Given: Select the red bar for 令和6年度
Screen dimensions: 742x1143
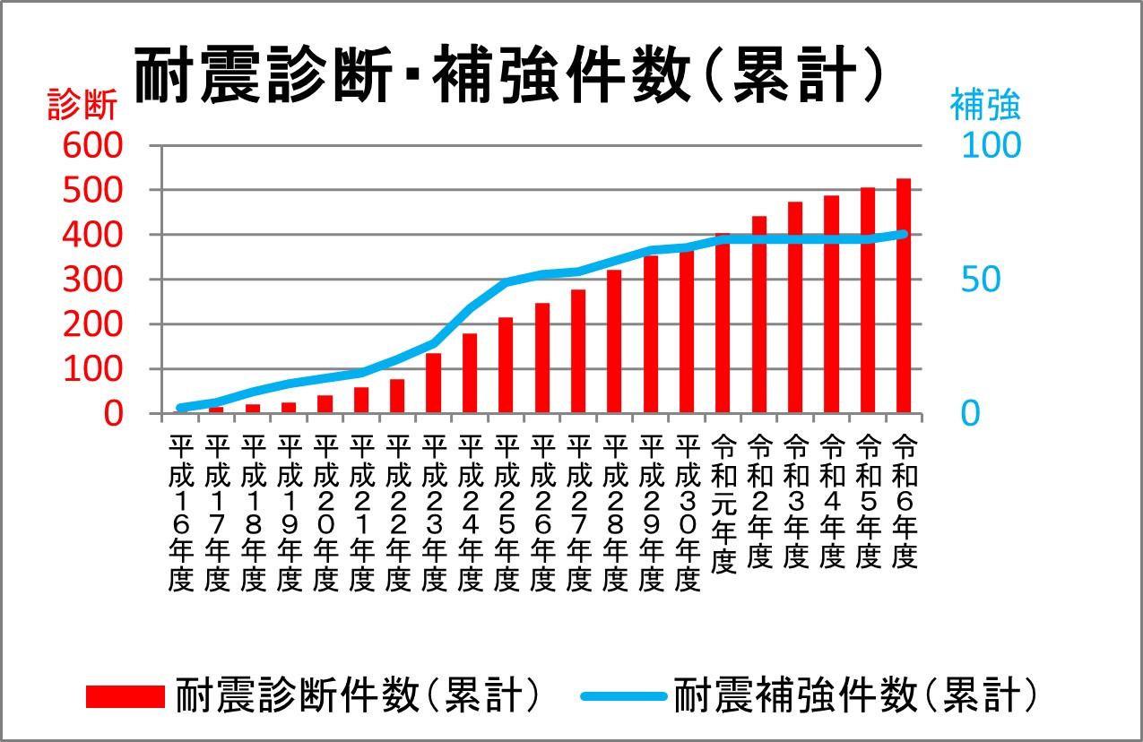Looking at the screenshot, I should tap(904, 297).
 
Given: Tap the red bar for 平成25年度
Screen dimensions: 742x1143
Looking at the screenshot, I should tap(506, 366).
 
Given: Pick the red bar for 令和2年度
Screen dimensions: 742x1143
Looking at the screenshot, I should tap(759, 315).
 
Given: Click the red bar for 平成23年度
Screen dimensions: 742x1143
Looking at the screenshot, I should tap(433, 384).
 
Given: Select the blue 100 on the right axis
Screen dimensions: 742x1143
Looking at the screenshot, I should tap(991, 145).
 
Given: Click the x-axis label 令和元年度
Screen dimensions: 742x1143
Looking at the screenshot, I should tap(723, 504).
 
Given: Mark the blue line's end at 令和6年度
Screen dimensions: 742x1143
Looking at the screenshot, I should tap(904, 235).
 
